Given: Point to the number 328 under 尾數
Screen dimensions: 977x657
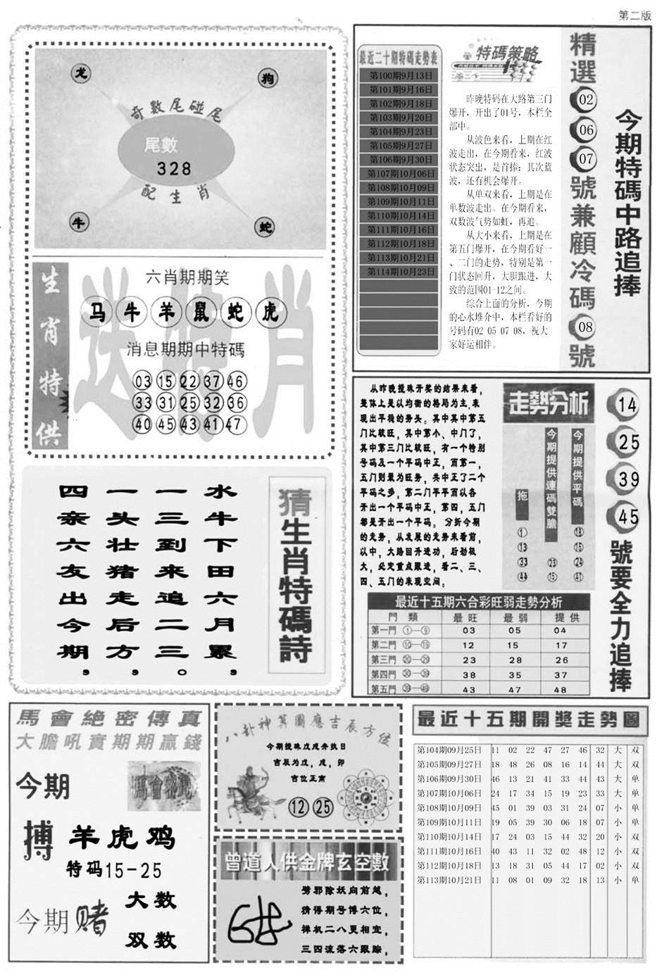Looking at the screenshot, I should click(174, 168).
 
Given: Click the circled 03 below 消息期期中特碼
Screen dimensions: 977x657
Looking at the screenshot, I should click(142, 382).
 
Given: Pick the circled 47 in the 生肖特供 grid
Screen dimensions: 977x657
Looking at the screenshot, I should click(235, 424).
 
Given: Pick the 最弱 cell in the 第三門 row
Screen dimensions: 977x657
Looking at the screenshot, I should click(515, 660).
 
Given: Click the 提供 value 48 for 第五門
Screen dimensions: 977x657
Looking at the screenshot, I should click(561, 690).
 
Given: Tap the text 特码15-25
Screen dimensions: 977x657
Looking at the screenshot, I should click(115, 870).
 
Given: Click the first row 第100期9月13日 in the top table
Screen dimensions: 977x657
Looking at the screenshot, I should click(399, 75).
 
